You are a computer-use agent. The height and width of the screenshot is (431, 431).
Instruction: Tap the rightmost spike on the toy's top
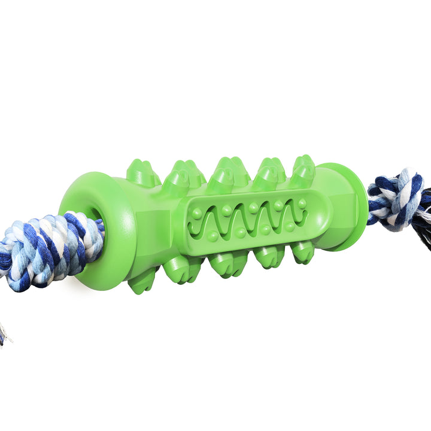click(305, 170)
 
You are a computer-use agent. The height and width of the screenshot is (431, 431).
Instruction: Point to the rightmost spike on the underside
click(303, 252)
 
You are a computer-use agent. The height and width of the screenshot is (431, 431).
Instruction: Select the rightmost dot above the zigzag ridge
click(302, 204)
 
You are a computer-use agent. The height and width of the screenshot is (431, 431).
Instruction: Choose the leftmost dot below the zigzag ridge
click(213, 236)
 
